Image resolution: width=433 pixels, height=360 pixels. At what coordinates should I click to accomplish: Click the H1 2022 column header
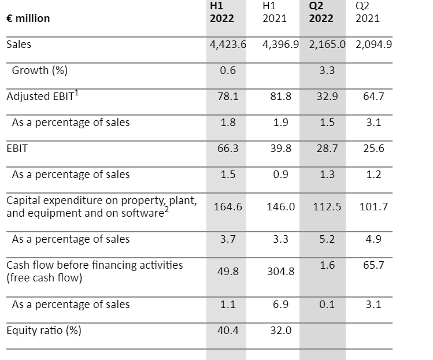click(221, 12)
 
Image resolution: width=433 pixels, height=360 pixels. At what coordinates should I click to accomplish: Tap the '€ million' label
click(28, 18)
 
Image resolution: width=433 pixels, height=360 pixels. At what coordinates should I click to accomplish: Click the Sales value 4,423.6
click(227, 44)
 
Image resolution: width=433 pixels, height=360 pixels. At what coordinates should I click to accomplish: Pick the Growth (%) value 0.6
click(227, 71)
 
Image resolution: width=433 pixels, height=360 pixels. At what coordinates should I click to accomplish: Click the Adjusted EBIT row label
click(42, 97)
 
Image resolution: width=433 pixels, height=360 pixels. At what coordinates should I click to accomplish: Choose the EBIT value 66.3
click(227, 149)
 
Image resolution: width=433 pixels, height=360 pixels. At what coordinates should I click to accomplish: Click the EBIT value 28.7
click(327, 149)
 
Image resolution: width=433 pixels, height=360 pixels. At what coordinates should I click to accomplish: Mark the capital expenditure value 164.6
click(227, 206)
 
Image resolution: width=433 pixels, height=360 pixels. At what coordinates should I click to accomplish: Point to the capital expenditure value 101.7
click(373, 206)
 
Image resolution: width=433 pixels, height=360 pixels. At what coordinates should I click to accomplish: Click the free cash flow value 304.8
click(280, 271)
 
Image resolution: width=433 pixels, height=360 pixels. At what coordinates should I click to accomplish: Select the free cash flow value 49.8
click(227, 271)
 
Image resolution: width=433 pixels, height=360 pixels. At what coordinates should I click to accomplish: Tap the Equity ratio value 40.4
click(227, 331)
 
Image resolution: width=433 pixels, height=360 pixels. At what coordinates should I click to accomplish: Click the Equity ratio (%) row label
click(44, 331)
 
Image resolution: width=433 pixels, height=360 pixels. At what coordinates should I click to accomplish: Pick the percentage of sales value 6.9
click(280, 305)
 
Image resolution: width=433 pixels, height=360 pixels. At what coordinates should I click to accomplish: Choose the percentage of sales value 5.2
click(327, 239)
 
